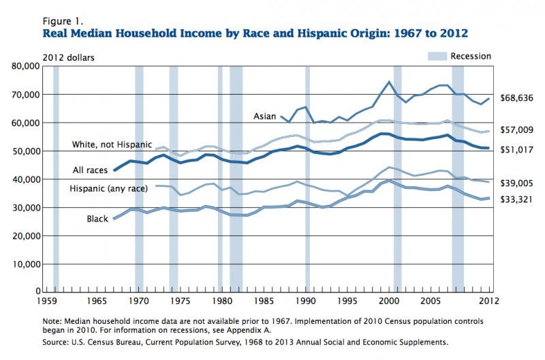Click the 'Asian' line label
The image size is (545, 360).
(264, 117)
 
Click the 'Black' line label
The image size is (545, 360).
(97, 218)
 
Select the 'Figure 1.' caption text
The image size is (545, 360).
(61, 21)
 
